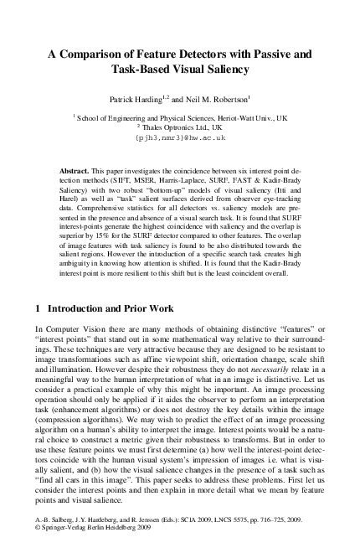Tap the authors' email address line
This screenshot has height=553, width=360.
point(180,137)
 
